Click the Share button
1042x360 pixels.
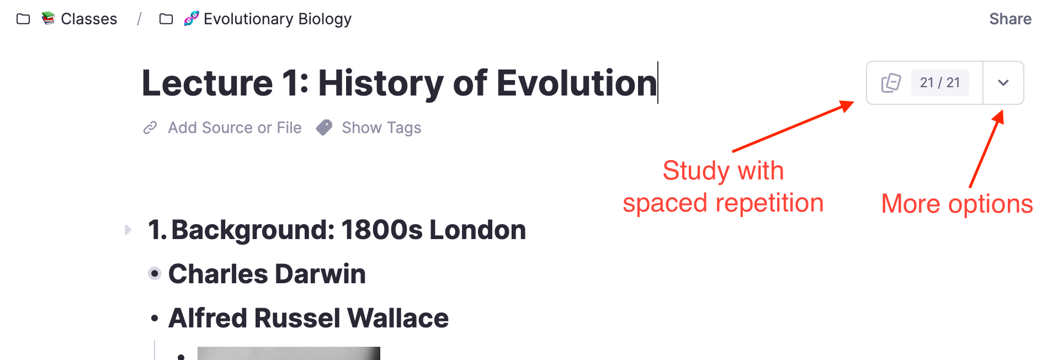coord(1010,19)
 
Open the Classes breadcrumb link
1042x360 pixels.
coord(89,19)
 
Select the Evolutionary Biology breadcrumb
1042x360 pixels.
coord(278,19)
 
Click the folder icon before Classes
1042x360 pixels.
coord(23,19)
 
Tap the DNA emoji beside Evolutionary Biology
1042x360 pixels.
coord(191,19)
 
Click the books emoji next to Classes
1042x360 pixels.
coord(49,18)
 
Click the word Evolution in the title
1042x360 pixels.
coord(577,83)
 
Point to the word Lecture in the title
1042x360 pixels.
coord(208,83)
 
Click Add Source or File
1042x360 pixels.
coord(235,128)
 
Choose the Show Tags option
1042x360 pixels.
coord(381,128)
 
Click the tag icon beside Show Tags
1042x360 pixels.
coord(324,128)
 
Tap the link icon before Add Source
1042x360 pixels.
coord(150,128)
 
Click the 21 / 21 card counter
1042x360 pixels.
coord(940,83)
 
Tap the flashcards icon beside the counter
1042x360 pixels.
coord(891,83)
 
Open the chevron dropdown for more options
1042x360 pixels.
coord(1003,83)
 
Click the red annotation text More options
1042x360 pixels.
coord(957,204)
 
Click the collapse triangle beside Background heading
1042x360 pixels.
coord(128,230)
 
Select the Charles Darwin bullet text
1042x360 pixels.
coord(267,274)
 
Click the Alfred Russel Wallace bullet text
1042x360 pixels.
coord(309,318)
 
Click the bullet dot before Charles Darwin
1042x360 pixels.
coord(155,273)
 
